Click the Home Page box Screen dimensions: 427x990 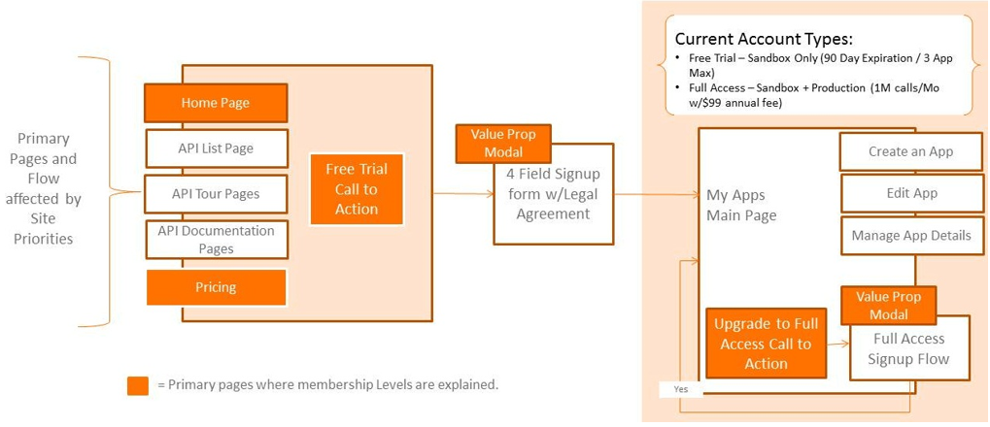[216, 103]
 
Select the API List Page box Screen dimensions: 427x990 [216, 148]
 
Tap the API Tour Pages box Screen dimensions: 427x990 [216, 194]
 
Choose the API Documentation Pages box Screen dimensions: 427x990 [216, 240]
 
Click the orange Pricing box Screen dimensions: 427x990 [216, 287]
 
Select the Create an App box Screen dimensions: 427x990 [910, 151]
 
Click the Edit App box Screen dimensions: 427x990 [910, 193]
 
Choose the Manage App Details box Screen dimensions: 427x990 [910, 236]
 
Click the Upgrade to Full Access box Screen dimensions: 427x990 [766, 344]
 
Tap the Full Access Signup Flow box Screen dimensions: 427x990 [909, 349]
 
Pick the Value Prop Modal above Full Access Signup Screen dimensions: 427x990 [889, 305]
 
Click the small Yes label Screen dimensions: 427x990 [679, 389]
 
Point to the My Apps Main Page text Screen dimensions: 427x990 [741, 206]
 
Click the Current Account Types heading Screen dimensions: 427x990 [763, 40]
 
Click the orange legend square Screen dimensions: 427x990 [138, 385]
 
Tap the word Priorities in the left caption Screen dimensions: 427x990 [45, 238]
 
